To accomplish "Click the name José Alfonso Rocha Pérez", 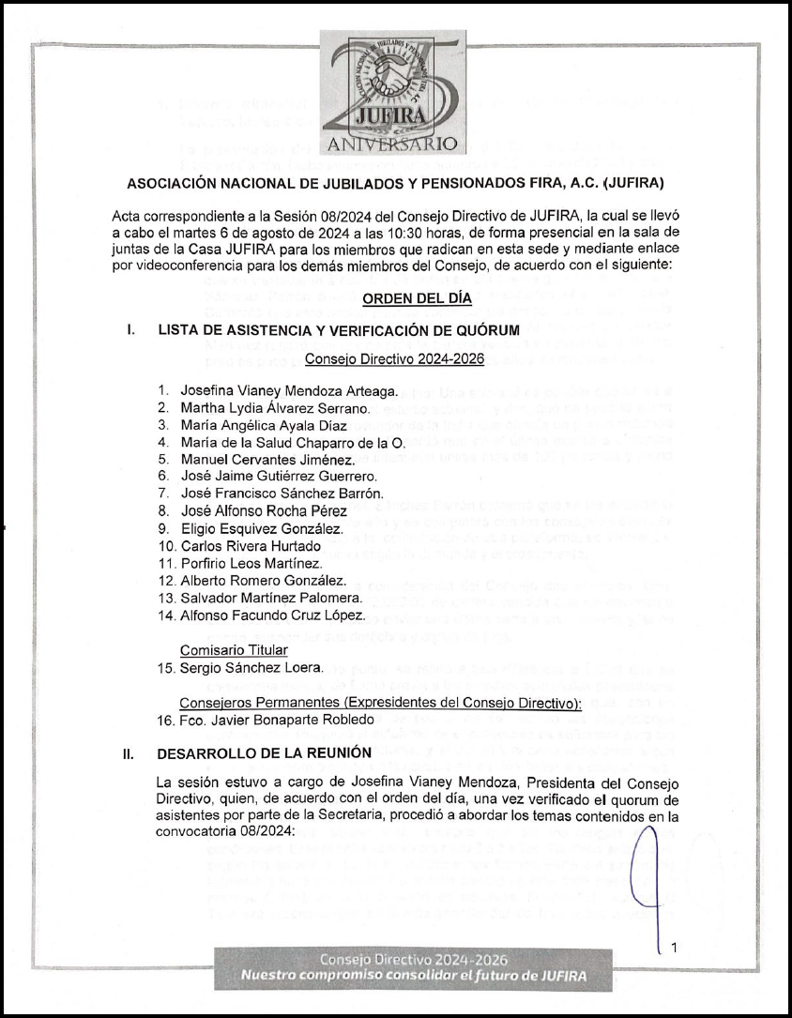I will [x=266, y=510].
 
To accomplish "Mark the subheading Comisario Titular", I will [x=233, y=649].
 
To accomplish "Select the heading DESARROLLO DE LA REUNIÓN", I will [x=265, y=752].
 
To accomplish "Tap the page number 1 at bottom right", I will [x=674, y=948].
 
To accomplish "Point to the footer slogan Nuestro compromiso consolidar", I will [x=414, y=977].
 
